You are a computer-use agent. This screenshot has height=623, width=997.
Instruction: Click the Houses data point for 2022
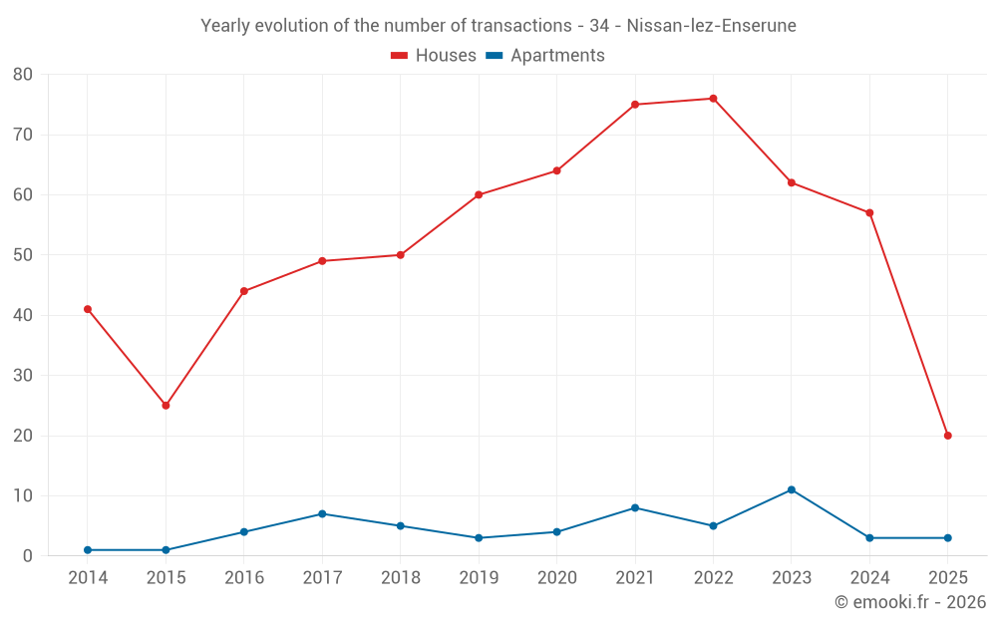pos(713,99)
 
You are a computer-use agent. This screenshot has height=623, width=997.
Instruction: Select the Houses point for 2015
pos(166,406)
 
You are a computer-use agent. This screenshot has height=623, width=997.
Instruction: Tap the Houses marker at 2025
pos(947,436)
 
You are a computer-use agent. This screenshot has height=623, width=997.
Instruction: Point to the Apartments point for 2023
pos(792,489)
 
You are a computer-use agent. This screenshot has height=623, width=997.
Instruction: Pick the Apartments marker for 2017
pos(322,513)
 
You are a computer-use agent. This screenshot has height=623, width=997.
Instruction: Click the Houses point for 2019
pos(479,194)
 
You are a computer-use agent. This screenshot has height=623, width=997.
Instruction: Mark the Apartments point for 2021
pos(635,507)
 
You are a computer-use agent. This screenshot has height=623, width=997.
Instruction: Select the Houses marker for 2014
pos(88,309)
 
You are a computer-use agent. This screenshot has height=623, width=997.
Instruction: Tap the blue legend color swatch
pos(494,56)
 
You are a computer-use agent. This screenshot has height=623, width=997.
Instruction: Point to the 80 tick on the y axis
pos(23,75)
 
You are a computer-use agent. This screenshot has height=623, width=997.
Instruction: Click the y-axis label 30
pos(23,376)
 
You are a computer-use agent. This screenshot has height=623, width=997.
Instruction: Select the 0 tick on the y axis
pos(28,556)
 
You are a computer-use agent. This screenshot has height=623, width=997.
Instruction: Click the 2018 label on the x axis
pos(401,578)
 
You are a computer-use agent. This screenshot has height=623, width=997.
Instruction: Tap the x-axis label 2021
pos(635,578)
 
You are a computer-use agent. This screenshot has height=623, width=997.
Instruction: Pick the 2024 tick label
pos(869,578)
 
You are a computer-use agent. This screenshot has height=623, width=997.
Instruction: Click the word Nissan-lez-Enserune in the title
pos(712,26)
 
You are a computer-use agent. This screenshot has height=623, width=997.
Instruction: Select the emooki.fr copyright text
pos(909,602)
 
